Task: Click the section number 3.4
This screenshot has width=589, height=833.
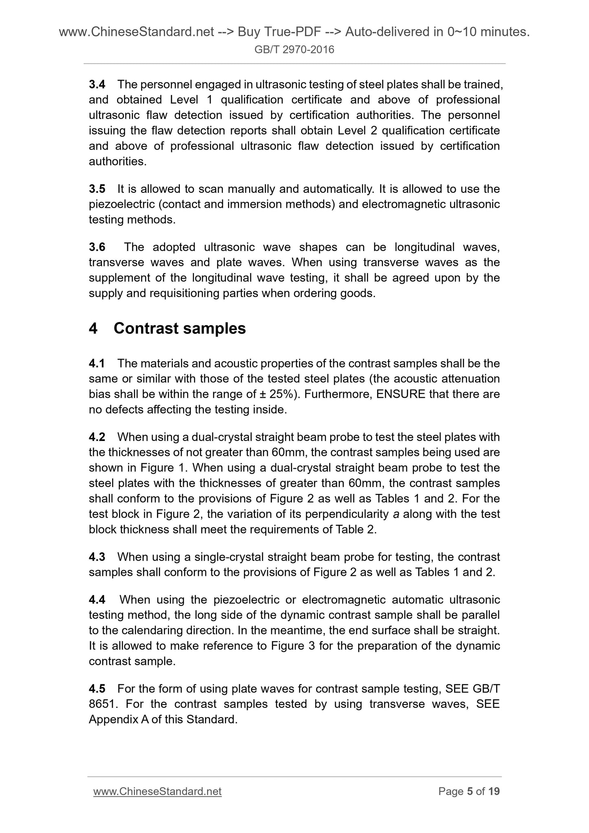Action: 97,85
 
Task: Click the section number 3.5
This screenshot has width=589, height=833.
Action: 97,189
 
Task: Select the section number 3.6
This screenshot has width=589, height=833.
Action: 97,247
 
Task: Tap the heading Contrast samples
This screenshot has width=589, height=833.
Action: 179,328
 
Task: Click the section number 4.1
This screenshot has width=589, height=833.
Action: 97,364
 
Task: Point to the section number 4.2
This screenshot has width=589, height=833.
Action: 97,437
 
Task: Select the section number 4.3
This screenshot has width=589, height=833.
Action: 97,557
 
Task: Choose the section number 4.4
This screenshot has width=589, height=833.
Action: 97,600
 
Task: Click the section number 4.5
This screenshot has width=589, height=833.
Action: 97,689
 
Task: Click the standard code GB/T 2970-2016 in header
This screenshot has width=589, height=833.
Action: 294,50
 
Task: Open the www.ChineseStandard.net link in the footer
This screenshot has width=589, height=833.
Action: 157,791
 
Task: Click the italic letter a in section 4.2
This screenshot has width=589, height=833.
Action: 395,514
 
